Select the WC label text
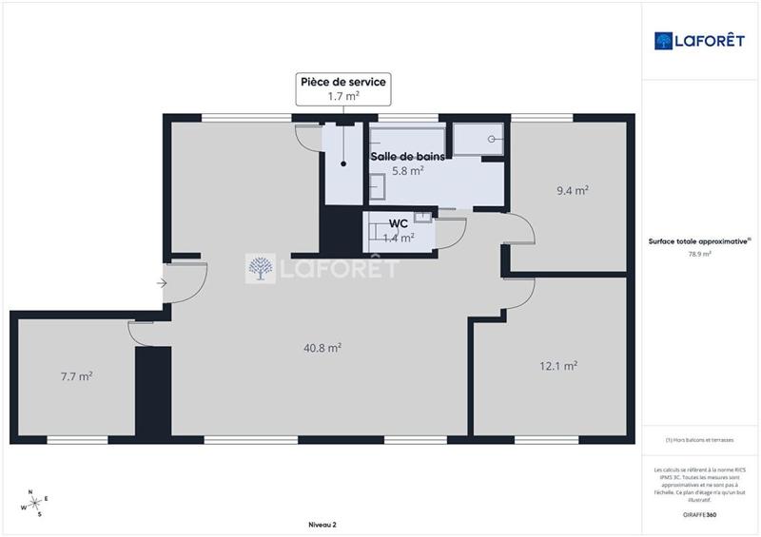pos(399,223)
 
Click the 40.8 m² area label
pos(322,348)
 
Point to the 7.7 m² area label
pos(76,376)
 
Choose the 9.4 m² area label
pos(572,190)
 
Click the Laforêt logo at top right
pos(699,41)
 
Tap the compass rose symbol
pos(34,503)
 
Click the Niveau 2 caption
pos(322,525)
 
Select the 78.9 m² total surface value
pos(699,254)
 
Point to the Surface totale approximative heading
pos(699,241)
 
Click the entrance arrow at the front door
pos(163,282)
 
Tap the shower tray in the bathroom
pos(480,139)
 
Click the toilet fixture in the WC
pos(421,219)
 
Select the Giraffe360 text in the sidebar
pos(699,513)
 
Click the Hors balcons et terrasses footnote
pos(699,439)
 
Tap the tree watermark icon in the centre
pos(261,269)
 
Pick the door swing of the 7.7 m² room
pos(141,333)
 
